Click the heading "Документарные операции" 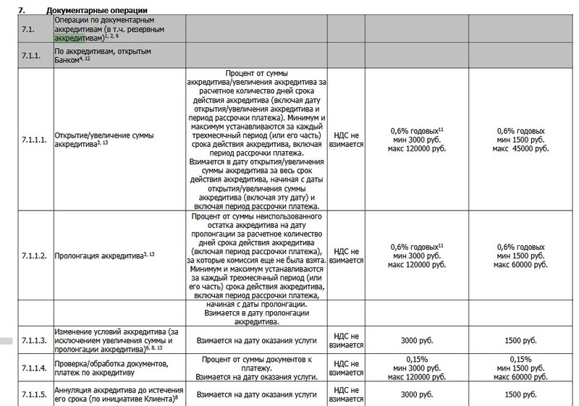[94, 10]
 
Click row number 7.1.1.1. [34, 140]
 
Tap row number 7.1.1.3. [34, 339]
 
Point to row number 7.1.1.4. [34, 368]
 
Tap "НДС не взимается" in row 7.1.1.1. [347, 140]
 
